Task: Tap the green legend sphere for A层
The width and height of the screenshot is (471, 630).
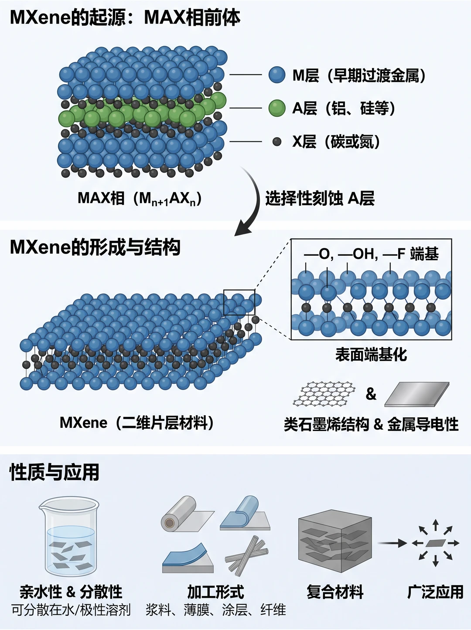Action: click(277, 108)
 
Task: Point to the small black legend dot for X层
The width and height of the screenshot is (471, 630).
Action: click(277, 142)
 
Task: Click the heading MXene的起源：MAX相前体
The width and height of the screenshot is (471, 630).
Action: click(125, 18)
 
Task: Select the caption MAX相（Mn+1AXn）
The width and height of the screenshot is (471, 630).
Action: click(140, 198)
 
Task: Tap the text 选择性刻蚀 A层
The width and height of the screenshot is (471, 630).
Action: click(320, 198)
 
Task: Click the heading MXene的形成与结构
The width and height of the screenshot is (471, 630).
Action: click(95, 247)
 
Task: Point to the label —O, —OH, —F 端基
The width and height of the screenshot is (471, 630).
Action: click(371, 254)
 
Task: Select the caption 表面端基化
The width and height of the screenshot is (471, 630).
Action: click(371, 355)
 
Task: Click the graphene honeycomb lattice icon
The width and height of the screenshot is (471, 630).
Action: click(324, 393)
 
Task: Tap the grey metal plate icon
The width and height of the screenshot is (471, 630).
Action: click(417, 394)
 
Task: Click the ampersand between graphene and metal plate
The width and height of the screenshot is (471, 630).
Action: click(371, 394)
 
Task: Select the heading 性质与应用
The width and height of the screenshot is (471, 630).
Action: click(54, 472)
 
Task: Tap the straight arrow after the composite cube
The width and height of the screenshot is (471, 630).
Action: click(392, 543)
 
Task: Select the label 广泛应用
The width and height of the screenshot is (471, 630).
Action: click(435, 592)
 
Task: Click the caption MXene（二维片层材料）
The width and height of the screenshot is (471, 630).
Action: click(137, 423)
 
